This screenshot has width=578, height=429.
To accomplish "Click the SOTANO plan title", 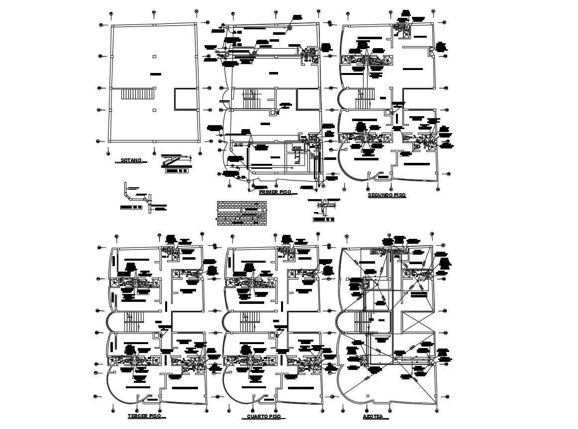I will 131,160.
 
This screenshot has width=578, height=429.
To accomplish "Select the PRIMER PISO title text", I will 275,192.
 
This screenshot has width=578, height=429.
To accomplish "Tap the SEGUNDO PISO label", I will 386,195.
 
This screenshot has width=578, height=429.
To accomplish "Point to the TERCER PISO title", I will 144,416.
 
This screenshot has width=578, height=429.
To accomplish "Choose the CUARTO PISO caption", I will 264,417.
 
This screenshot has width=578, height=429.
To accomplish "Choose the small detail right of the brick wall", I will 323,209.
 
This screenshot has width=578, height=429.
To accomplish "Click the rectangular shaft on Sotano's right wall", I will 186,99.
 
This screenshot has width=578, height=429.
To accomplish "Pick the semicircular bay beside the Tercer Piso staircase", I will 111,321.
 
